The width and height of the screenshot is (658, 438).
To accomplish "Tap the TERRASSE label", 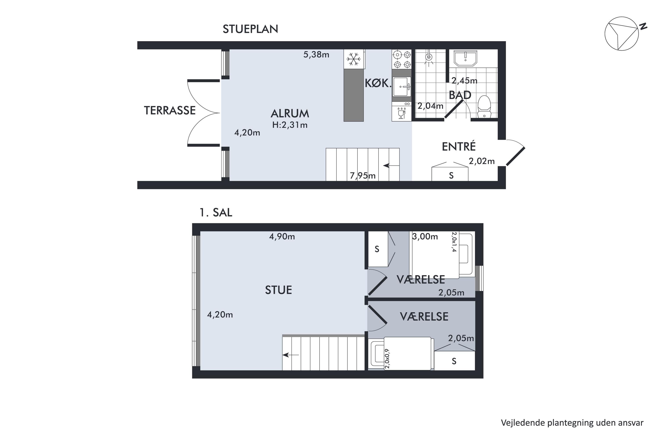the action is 170,110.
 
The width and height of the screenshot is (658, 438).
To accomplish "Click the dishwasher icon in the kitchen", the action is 402,111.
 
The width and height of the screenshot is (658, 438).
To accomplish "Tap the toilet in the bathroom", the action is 484,107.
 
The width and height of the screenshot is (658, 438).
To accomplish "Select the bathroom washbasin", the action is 465,58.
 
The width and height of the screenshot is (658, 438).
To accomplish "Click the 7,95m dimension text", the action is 363,175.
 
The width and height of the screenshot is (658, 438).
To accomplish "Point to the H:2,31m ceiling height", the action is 290,125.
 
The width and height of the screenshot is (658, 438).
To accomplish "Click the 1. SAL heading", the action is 216,213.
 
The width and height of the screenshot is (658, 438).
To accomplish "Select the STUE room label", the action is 278,290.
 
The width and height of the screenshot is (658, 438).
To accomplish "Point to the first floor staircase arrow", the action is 291,355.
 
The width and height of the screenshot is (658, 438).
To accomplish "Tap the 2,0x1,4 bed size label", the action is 454,242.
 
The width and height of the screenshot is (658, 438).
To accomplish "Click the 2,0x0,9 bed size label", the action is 387,359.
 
